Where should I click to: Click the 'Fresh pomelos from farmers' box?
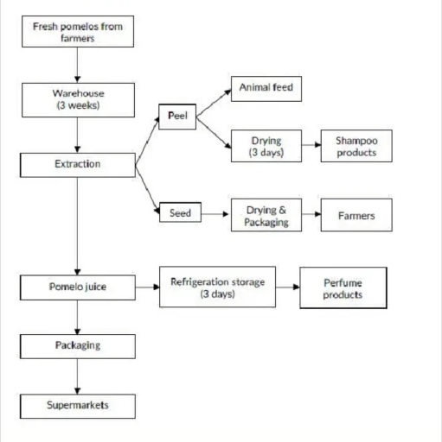pos(78,32)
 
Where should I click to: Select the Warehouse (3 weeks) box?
pos(78,99)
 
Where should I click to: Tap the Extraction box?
pos(78,164)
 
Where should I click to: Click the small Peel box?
pos(177,115)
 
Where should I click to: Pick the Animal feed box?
pos(266,87)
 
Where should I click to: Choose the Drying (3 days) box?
pos(266,145)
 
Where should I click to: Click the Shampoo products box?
pos(356,145)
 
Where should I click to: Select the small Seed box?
pos(180,212)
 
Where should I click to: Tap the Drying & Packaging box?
pos(266,216)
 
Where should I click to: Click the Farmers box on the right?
pos(356,216)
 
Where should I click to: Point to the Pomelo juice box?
pos(78,286)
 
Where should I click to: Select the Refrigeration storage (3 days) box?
pos(217,287)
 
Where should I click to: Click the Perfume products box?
pos(343,287)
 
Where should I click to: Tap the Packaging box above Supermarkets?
pos(78,345)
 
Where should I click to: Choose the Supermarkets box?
pos(78,404)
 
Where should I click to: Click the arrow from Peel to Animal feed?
pos(214,100)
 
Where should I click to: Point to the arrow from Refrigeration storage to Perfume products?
pos(287,287)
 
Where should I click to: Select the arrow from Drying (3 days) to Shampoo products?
pos(311,145)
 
